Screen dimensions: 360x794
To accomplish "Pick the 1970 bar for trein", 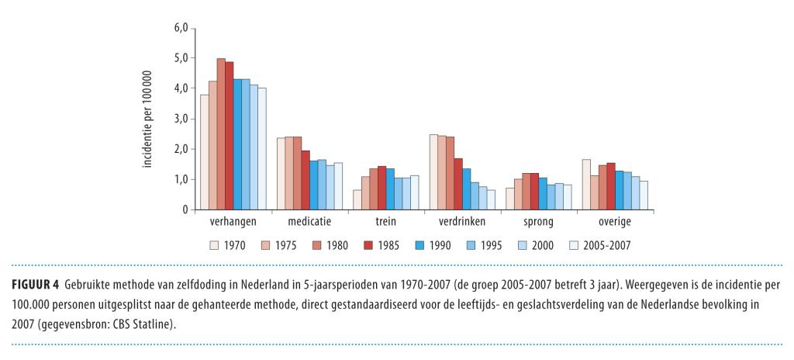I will (x=357, y=200).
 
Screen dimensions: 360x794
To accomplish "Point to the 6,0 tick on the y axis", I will (x=181, y=28).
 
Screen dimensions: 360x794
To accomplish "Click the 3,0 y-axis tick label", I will (x=181, y=119).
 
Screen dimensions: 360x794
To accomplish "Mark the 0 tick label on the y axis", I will (x=185, y=209).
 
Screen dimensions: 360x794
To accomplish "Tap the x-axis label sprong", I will (x=538, y=222).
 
